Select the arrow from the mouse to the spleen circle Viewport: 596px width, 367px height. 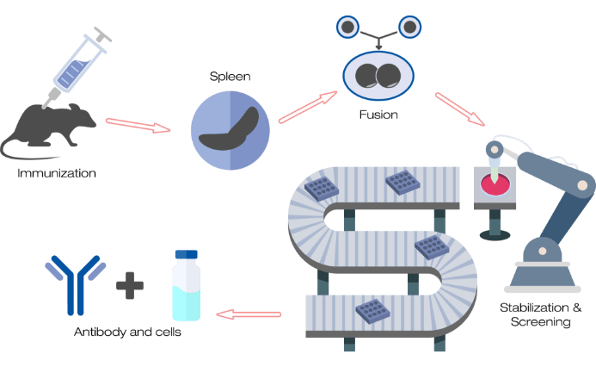coord(138,127)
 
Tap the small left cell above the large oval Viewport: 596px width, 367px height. coord(347,28)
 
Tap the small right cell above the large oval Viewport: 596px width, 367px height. coord(409,28)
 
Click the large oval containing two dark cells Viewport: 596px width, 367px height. coord(378,76)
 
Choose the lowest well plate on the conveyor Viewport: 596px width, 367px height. coord(371,309)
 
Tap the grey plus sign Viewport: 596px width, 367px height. coord(130,284)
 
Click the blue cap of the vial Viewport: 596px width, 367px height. coord(187,255)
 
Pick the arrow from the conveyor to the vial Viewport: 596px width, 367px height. coord(249,314)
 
